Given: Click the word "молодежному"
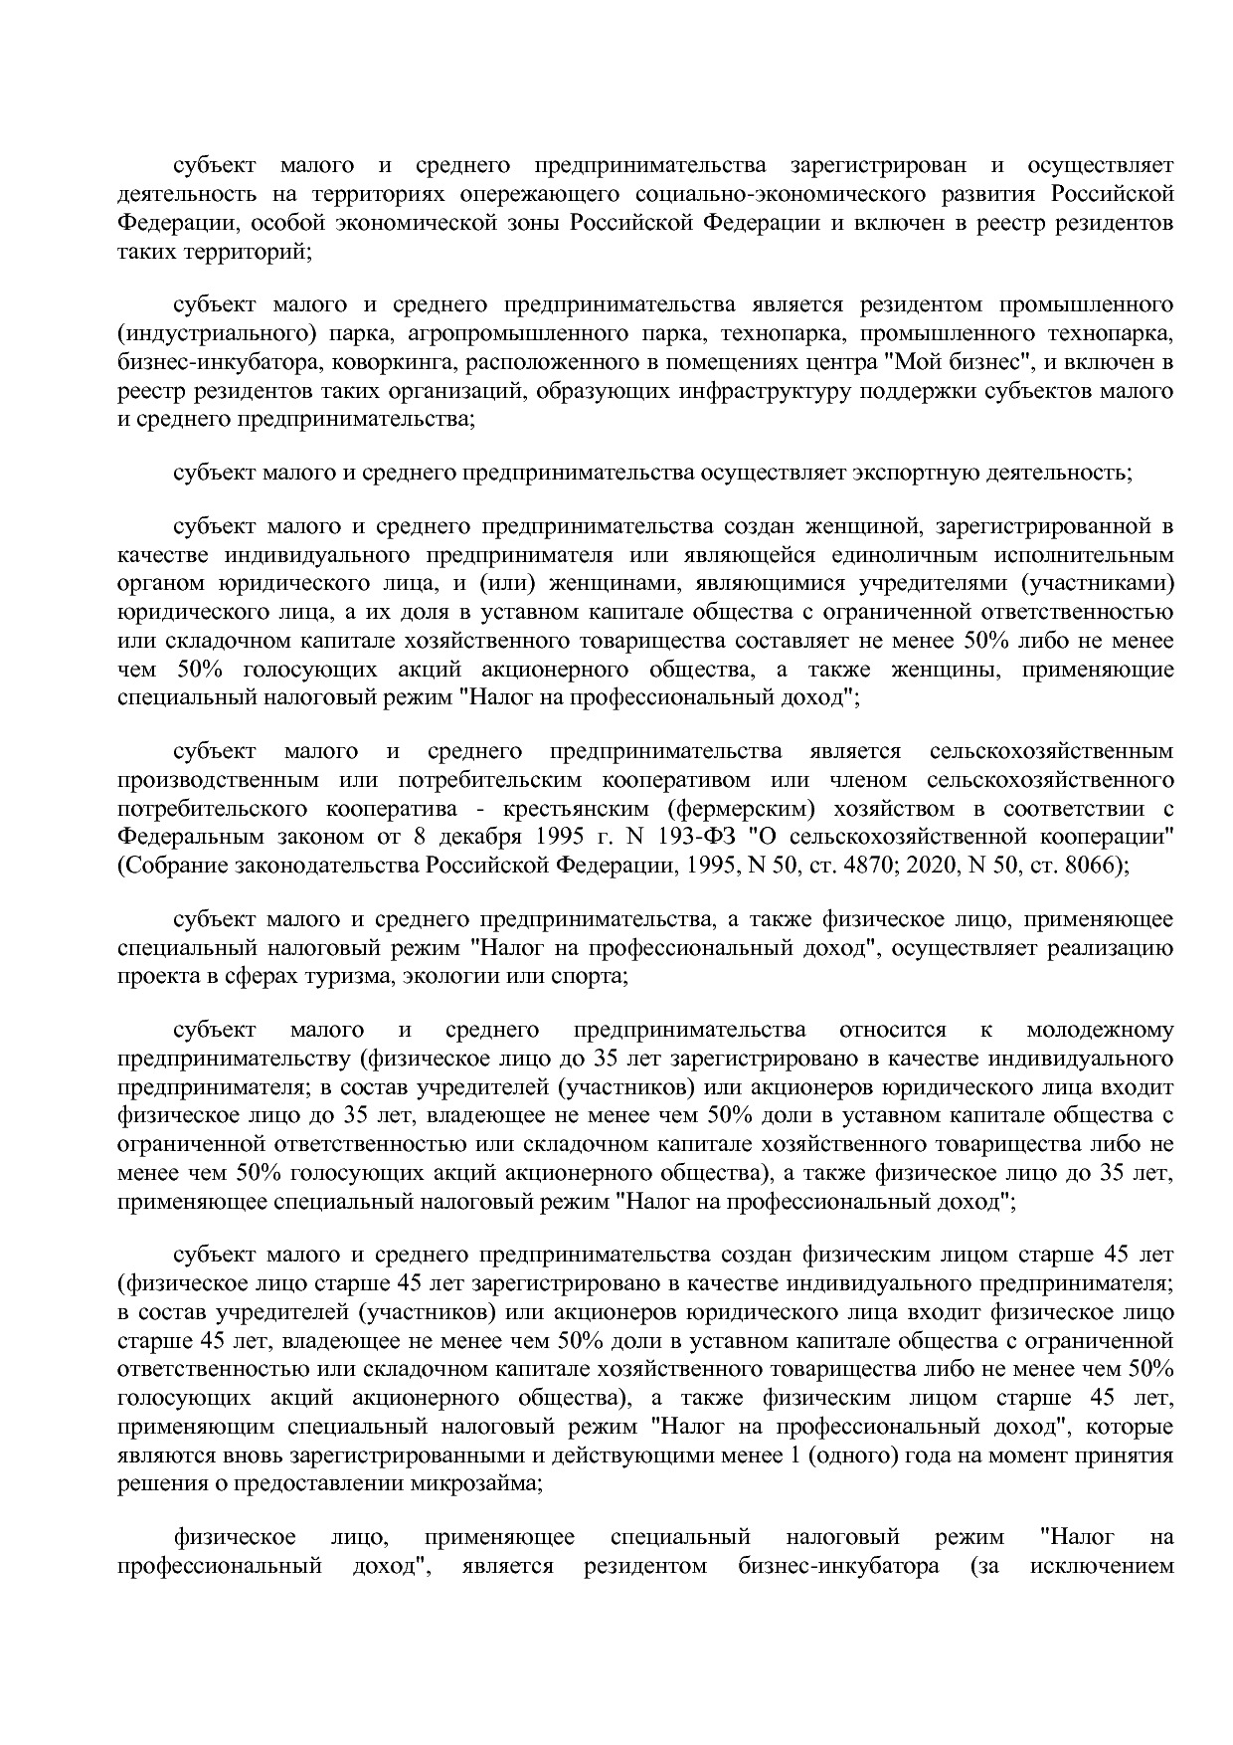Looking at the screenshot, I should tap(1099, 1030).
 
